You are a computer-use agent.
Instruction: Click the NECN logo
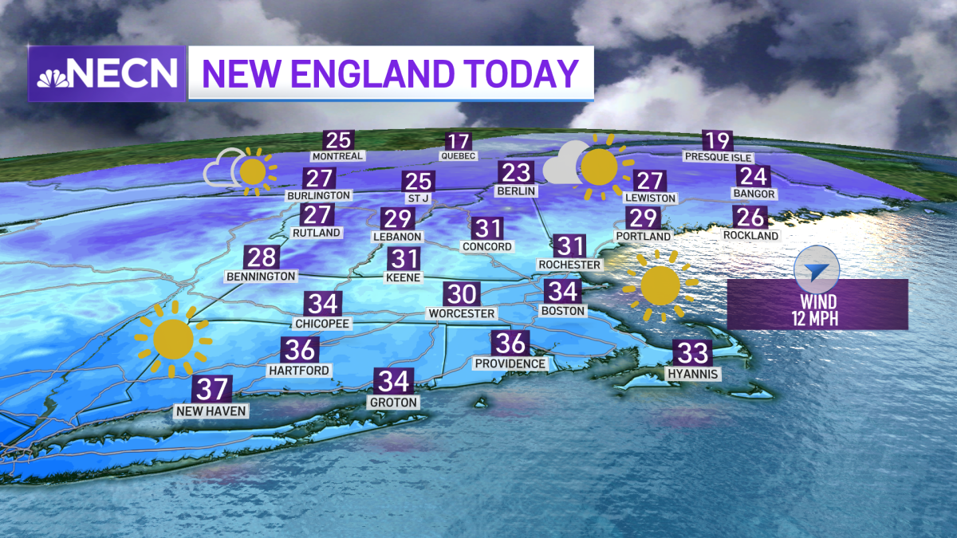click(107, 73)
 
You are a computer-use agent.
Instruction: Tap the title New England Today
click(389, 73)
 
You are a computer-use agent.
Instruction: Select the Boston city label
click(563, 310)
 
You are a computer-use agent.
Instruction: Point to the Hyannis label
click(694, 373)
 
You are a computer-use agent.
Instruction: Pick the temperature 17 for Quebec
click(459, 141)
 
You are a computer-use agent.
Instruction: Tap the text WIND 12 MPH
click(818, 309)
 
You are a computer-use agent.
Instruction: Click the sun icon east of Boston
click(660, 285)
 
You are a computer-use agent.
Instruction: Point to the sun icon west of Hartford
click(173, 339)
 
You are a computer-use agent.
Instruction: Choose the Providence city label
click(510, 363)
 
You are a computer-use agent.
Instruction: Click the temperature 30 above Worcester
click(461, 294)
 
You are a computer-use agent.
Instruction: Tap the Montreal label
click(338, 156)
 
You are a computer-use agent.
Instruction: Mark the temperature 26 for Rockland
click(750, 217)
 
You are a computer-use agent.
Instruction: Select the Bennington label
click(261, 276)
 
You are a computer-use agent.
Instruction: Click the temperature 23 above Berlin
click(516, 172)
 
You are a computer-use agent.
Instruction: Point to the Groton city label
click(394, 403)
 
